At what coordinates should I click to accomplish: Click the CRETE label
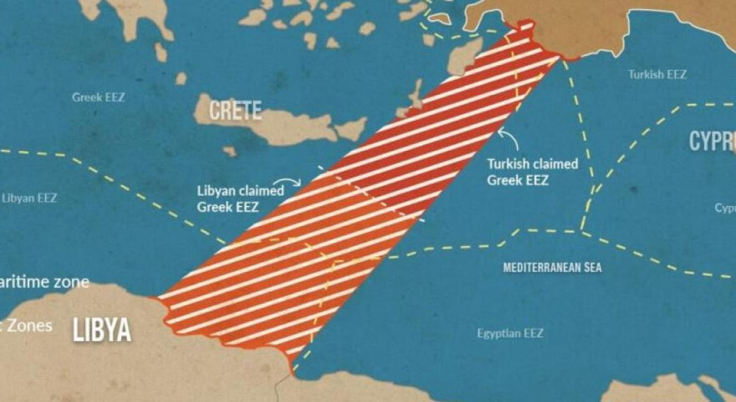coord(235,110)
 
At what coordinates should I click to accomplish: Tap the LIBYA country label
coord(102,329)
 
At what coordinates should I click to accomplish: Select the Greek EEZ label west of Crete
coord(98,97)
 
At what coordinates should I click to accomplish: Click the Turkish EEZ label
coord(657,75)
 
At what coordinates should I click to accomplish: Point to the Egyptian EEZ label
coord(509,333)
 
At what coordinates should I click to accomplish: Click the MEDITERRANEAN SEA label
coord(552,268)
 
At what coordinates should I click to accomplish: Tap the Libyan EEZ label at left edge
coord(29,198)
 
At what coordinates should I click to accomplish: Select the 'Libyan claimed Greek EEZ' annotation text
coord(240,198)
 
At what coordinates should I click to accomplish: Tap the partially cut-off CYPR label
coord(712,142)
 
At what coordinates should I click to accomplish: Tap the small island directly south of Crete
coord(229,152)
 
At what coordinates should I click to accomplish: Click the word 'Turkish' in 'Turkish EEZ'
coord(643,75)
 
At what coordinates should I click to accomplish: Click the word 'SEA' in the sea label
coord(592,268)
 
